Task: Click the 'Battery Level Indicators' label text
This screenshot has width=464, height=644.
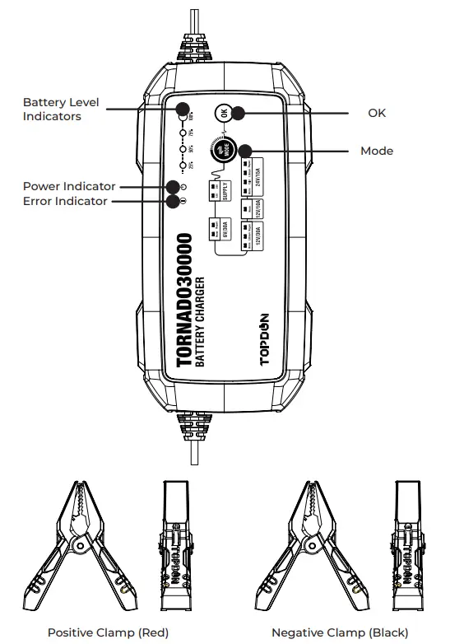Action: point(61,110)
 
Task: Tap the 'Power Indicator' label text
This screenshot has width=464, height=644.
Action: point(69,186)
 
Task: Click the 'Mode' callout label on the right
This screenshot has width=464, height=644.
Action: point(377,151)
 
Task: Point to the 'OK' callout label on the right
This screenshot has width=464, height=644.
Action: point(377,113)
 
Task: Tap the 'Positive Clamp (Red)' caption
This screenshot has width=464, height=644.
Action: point(108,632)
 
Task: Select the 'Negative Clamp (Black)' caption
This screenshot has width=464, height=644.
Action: point(340,632)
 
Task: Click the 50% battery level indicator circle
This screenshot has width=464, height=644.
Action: point(182,148)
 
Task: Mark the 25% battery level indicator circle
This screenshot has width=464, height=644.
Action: point(182,166)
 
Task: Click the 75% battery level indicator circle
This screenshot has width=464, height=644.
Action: point(182,131)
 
